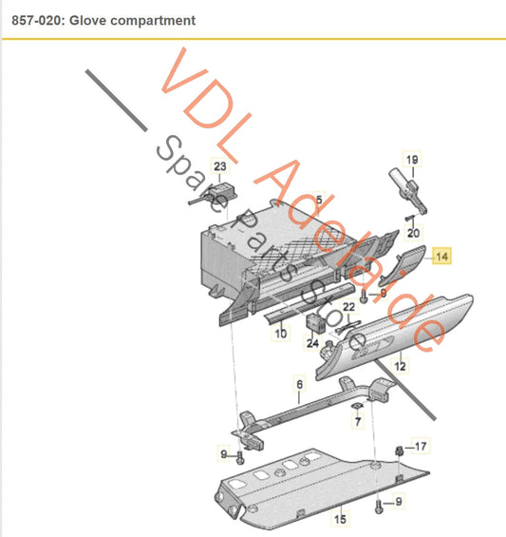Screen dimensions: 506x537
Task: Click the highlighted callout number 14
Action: (x=441, y=257)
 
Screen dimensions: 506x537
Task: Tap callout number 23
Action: (x=220, y=166)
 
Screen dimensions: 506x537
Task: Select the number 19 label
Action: (x=412, y=160)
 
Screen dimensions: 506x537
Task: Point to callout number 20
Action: (x=413, y=233)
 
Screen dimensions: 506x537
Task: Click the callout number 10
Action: (x=281, y=334)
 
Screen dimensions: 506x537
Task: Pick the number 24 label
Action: (x=312, y=343)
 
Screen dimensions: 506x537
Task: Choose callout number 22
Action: (x=348, y=307)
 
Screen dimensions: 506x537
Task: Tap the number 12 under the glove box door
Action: (x=400, y=366)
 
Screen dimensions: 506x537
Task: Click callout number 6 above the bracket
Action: (x=299, y=384)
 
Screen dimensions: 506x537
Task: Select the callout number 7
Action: (x=358, y=421)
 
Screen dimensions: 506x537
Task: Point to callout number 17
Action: (x=421, y=447)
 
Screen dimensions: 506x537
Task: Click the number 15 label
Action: (x=340, y=519)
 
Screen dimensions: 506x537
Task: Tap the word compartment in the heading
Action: (x=153, y=21)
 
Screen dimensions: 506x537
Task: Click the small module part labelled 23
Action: (x=222, y=191)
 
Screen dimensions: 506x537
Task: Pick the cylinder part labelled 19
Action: (x=407, y=189)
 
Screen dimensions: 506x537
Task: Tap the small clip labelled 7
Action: (x=358, y=406)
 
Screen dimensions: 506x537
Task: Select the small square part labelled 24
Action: (x=313, y=323)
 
